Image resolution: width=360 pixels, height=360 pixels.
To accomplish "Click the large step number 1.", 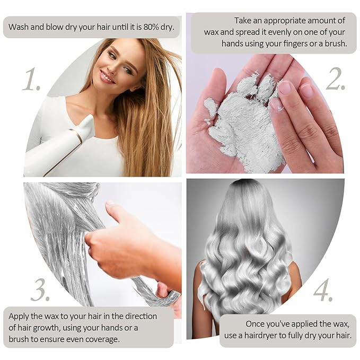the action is tap(32, 78).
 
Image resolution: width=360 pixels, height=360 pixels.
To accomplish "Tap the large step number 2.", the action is tap(336, 78).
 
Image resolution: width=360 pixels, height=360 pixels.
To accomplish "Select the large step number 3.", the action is tap(40, 289).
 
